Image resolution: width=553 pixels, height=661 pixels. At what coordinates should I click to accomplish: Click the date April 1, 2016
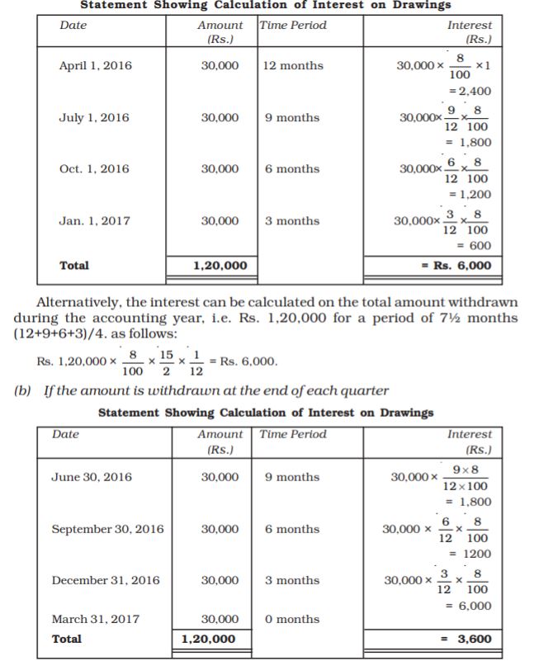[x=95, y=66]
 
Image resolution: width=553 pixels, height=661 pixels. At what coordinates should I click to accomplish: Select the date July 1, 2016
[x=94, y=118]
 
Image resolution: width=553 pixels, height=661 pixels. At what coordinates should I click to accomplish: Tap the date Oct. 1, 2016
[x=94, y=169]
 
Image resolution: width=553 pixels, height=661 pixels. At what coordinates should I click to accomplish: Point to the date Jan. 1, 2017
[x=94, y=221]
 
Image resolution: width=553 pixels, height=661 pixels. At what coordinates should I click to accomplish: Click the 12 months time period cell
[x=293, y=66]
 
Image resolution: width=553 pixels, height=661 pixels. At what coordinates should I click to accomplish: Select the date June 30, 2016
[x=91, y=477]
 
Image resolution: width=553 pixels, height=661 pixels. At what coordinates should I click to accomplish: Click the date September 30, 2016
[x=107, y=529]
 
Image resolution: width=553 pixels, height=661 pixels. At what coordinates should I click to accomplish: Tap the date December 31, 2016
[x=106, y=580]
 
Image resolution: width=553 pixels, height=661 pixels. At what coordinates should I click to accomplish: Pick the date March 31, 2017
[x=95, y=619]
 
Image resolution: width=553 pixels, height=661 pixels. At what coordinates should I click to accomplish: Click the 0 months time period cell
[x=292, y=619]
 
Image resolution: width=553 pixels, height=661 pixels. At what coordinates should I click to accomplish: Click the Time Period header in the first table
[x=294, y=26]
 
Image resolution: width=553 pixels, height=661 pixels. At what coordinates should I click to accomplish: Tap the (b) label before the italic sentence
[x=24, y=390]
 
